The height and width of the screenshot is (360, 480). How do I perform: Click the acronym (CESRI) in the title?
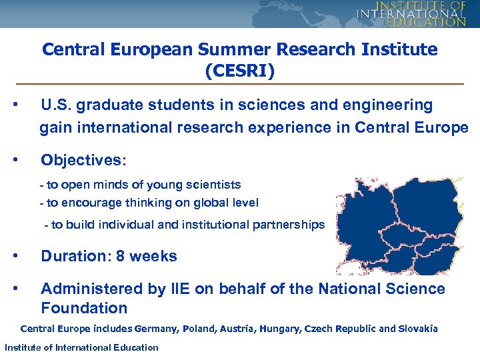[x=240, y=70]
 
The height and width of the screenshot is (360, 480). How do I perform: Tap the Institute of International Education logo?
[x=411, y=13]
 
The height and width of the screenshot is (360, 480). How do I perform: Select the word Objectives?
[x=83, y=160]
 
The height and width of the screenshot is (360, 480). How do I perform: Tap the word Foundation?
[x=84, y=308]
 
